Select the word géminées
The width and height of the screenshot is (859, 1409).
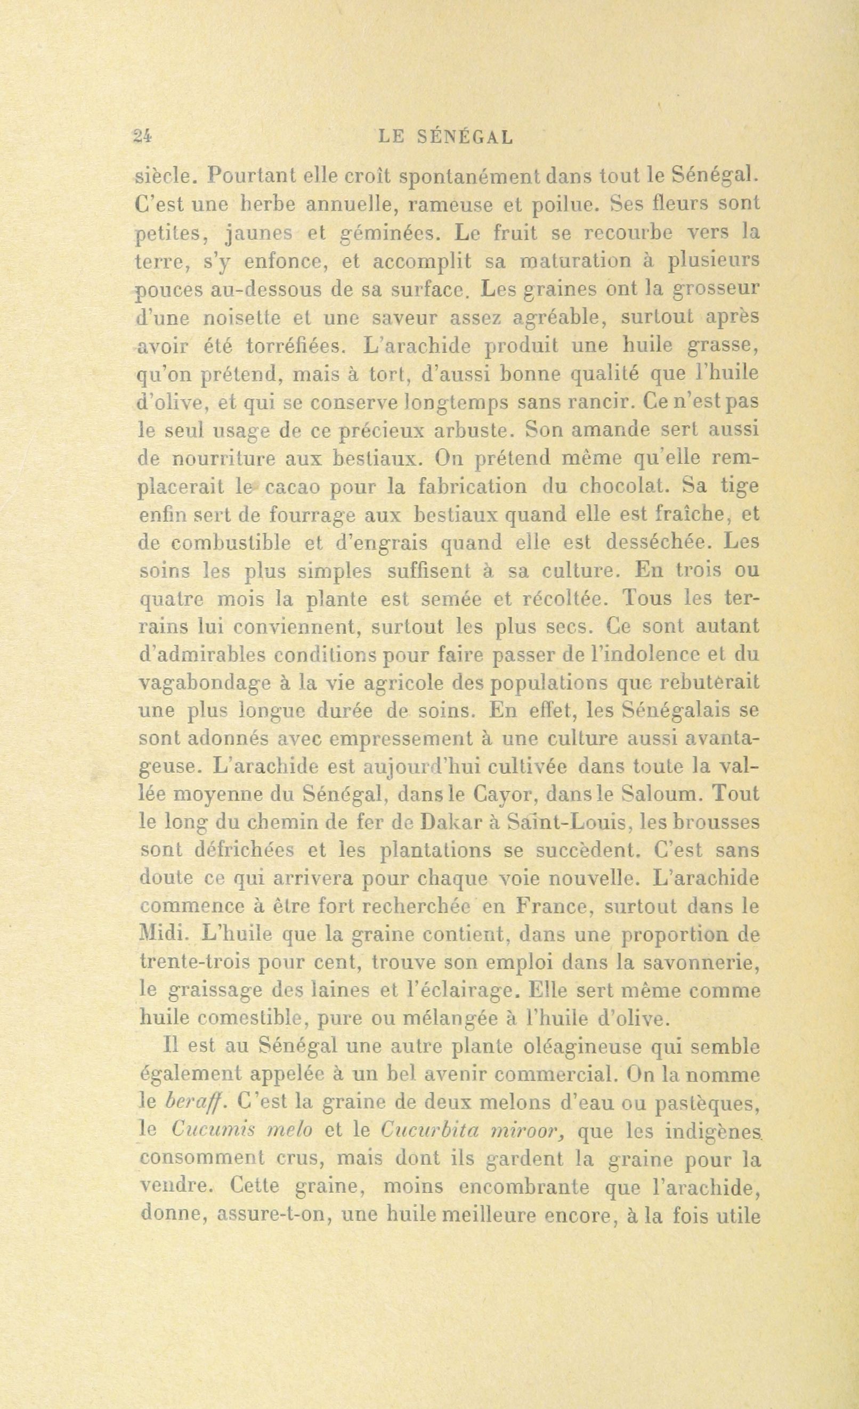[392, 233]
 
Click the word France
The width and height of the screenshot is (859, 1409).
[546, 906]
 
